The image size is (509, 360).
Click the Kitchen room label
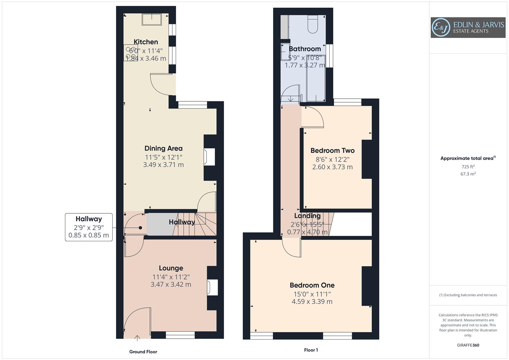tap(146, 42)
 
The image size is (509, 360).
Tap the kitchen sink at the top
tap(152, 20)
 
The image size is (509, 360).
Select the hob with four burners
tap(130, 53)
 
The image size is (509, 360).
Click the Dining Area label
tap(163, 148)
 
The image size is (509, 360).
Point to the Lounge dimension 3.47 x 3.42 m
tap(171, 285)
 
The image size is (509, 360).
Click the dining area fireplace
tap(210, 157)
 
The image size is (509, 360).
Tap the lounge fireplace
tap(212, 287)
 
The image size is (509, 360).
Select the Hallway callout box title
tap(89, 219)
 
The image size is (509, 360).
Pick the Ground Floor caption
tap(143, 352)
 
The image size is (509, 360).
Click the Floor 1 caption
tap(311, 350)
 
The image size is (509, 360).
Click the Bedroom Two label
tap(332, 151)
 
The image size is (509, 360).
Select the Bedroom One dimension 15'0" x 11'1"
tap(312, 294)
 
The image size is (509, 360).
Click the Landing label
tap(307, 216)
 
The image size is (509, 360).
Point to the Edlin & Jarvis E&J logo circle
tap(441, 28)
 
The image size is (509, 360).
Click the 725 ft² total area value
tap(468, 167)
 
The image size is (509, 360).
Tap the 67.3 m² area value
tap(468, 174)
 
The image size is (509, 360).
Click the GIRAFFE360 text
tap(468, 345)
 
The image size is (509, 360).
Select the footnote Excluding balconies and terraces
tap(468, 295)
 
